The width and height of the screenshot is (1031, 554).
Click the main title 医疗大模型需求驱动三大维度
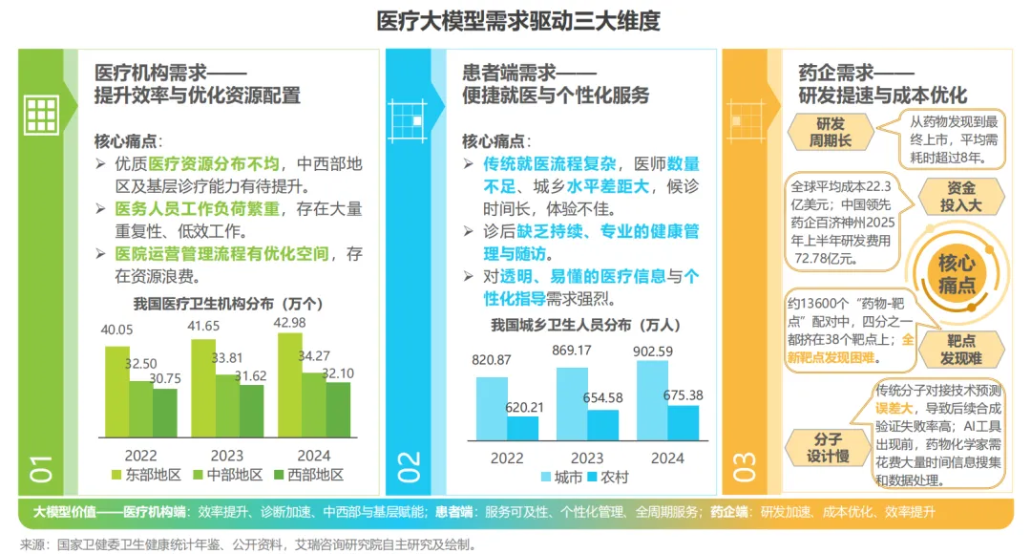pos(518,21)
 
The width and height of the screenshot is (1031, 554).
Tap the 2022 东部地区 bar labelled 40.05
pos(117,392)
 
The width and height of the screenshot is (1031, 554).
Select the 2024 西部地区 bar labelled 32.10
pos(338,410)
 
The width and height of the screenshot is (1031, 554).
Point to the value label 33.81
pos(227,358)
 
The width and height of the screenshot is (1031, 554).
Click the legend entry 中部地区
pos(228,475)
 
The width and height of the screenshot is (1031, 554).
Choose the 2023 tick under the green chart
pos(227,456)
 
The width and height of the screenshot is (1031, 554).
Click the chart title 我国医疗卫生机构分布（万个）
pos(228,304)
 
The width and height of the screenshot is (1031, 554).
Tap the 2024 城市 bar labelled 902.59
pos(652,401)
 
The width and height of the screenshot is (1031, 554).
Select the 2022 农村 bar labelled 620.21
pos(523,428)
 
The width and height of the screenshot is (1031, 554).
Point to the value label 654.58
pos(603,398)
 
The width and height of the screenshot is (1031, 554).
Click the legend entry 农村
pos(608,478)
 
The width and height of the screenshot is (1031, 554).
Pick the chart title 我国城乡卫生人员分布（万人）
pos(586,325)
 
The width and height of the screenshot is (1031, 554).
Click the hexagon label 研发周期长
pos(831,132)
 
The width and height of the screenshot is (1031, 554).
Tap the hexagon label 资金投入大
pos(960,197)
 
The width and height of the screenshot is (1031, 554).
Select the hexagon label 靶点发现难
pos(960,350)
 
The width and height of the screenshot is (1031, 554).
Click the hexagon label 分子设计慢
pos(828,447)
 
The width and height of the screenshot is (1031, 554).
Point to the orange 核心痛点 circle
pos(956,274)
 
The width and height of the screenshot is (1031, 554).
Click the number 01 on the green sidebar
pos(41,468)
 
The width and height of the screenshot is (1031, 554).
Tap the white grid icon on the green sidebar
pos(41,116)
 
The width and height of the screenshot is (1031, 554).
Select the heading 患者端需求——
pos(529,73)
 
